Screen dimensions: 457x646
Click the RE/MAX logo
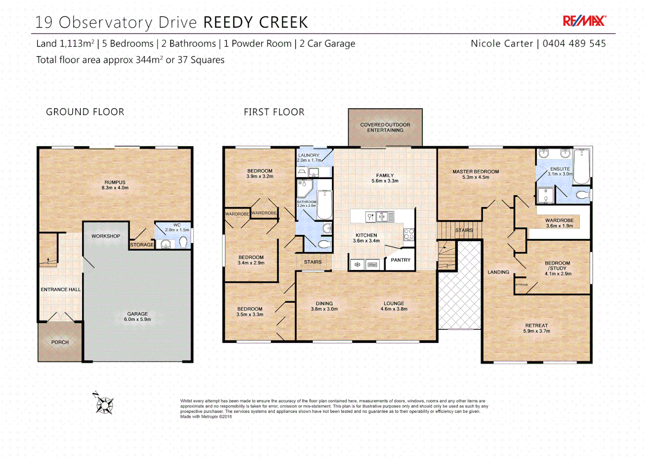pos(584,21)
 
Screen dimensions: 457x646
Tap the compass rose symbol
pos(104,404)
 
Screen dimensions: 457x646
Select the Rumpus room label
pos(115,185)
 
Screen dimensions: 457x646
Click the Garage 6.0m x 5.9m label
pos(137,317)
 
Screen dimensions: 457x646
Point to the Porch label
pos(60,342)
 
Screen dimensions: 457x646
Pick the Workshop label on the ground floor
pos(106,236)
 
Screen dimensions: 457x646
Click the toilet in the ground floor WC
pos(183,242)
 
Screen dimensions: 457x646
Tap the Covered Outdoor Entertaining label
pos(385,127)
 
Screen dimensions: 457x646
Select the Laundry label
pos(309,157)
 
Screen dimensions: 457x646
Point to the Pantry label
pos(400,260)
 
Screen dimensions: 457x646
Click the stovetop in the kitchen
pos(409,234)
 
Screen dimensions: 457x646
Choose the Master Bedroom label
pos(476,174)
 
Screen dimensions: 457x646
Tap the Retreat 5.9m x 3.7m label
pos(537,328)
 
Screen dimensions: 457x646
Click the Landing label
pos(498,272)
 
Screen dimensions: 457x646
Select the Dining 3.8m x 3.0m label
pos(324,306)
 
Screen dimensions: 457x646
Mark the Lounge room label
pos(394,306)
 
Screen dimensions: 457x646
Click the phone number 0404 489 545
pos(574,44)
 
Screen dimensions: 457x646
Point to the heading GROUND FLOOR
pos(85,112)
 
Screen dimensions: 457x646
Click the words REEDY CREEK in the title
pos(256,22)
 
